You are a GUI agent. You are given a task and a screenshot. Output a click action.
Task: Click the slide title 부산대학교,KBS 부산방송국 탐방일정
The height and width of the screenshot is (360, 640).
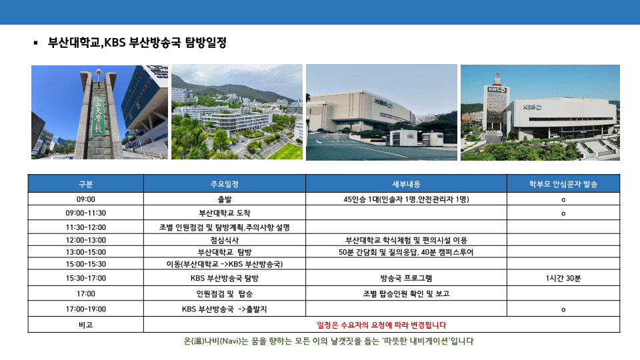[137, 43]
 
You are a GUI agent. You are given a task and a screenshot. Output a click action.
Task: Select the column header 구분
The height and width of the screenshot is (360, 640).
[86, 184]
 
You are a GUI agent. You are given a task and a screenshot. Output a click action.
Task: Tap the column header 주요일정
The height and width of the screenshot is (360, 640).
[225, 184]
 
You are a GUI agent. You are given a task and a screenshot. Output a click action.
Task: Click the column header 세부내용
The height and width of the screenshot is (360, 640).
[406, 184]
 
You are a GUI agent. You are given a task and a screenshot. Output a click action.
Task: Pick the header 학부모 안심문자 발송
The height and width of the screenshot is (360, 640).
[563, 184]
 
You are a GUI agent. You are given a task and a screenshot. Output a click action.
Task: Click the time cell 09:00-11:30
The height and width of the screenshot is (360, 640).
[86, 213]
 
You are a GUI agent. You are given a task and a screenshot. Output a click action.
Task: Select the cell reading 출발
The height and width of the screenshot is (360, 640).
[225, 199]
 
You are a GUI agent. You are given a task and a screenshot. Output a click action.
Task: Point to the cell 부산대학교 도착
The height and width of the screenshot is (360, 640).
[225, 213]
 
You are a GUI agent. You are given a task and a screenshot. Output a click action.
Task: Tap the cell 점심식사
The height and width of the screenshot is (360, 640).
[225, 240]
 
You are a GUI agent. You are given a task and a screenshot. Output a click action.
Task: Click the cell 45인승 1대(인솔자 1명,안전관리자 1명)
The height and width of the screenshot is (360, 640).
[406, 199]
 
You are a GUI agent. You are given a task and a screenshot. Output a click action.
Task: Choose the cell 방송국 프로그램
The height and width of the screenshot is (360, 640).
[406, 278]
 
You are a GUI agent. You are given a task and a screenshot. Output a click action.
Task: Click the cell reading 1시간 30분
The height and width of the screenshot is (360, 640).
[563, 278]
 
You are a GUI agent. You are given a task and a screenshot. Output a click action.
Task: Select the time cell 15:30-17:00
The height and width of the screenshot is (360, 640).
[86, 278]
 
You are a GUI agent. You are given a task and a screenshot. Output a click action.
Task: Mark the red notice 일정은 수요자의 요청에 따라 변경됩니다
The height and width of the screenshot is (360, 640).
[381, 325]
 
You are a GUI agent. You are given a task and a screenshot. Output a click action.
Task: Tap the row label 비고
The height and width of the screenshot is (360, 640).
[86, 325]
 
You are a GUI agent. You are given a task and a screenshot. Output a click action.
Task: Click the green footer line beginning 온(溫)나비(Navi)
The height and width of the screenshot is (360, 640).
[329, 341]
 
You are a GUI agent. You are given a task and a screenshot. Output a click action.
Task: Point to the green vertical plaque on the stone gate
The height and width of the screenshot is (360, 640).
[99, 115]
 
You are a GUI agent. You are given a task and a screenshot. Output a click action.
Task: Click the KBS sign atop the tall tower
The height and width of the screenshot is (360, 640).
[497, 89]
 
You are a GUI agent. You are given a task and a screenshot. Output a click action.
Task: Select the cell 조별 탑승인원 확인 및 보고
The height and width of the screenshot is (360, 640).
[406, 293]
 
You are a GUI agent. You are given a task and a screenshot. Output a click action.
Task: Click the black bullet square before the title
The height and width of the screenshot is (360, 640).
[36, 43]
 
